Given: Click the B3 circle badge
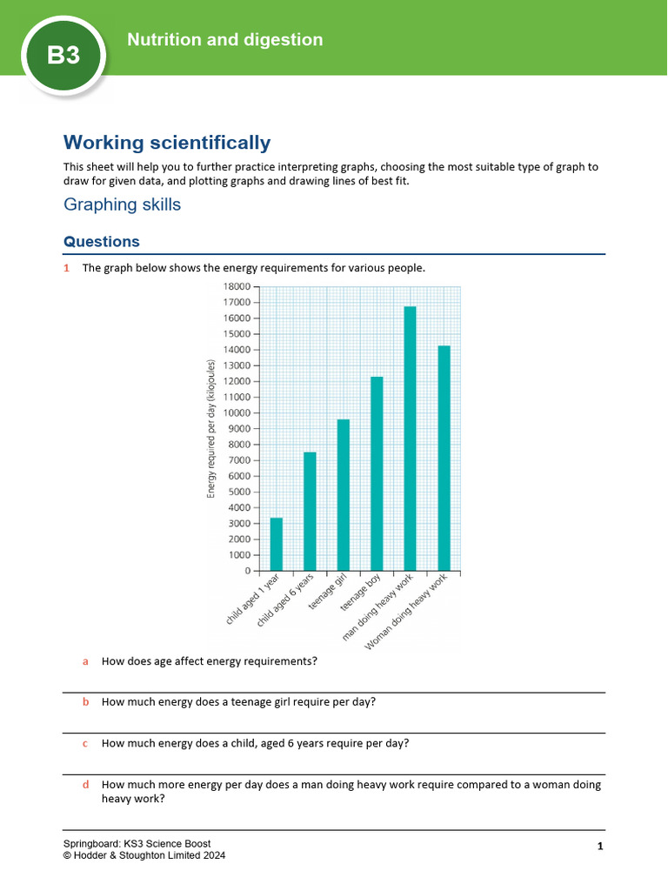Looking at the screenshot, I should tap(63, 55).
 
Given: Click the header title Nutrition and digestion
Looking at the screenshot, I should tap(224, 40).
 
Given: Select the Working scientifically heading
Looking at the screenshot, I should tap(167, 143).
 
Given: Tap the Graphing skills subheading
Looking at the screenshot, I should tap(123, 204).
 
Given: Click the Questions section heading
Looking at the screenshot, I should tap(102, 242).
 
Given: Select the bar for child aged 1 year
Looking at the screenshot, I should tap(277, 544).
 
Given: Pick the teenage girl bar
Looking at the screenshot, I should tap(343, 495).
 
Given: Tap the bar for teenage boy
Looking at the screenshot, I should tap(377, 473).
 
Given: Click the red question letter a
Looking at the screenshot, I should tap(85, 661).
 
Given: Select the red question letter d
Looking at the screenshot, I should tap(85, 785).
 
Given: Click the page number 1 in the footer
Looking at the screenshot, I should tap(600, 846).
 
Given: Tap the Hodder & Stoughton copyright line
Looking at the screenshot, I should tap(144, 856).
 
